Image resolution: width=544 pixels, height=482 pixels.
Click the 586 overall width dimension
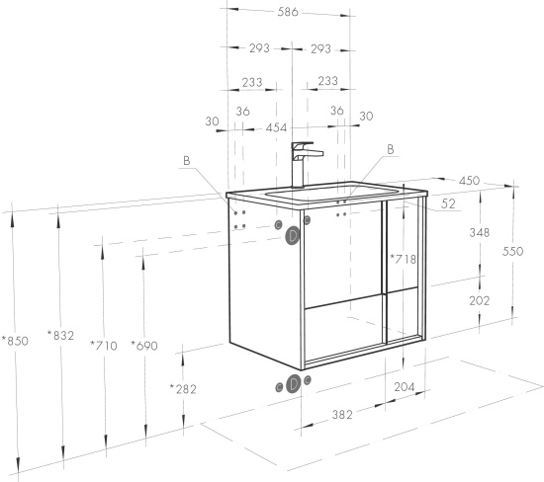pos(288,12)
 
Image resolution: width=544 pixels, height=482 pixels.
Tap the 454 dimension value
pos(277,127)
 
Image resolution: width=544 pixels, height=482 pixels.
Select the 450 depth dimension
pos(469,181)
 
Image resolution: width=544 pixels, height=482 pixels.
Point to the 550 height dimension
pos(512,251)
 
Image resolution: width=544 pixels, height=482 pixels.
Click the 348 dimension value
pos(480,232)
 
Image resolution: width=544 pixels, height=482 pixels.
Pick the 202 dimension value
pos(480,301)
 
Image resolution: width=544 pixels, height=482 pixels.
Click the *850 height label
pos(15,341)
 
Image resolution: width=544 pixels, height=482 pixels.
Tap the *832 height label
pos(60,336)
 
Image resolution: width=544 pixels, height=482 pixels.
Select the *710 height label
pos(104,346)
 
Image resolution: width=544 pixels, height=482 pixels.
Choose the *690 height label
pos(144,346)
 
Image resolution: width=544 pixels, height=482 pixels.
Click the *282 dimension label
pos(183,389)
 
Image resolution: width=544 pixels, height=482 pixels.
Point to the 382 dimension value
pos(342,415)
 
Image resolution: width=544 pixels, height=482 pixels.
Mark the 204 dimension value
pos(405,387)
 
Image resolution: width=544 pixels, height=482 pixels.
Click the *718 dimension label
pos(404,259)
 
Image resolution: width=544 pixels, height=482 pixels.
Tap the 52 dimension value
pos(448,203)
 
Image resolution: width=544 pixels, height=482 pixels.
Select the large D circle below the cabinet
pos(293,384)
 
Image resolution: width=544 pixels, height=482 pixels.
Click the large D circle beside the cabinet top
pos(293,236)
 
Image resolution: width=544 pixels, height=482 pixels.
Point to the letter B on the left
pos(187,161)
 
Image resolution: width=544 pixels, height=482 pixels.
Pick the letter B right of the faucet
pos(391,149)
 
